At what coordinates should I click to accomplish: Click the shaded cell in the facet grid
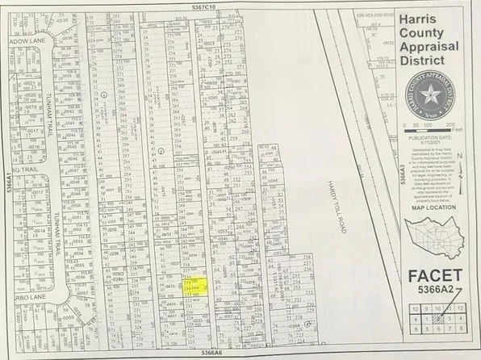(458, 310)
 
